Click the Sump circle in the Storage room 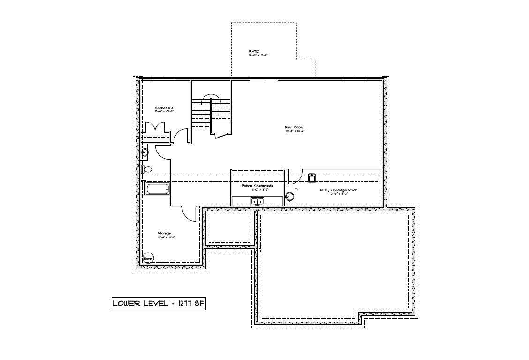pyautogui.click(x=148, y=258)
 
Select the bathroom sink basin pyautogui.click(x=145, y=152)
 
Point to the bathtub pyautogui.click(x=158, y=190)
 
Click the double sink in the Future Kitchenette pyautogui.click(x=257, y=201)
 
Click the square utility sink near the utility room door pyautogui.click(x=311, y=177)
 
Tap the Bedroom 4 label pyautogui.click(x=164, y=108)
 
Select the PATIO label pyautogui.click(x=254, y=51)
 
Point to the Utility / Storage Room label pyautogui.click(x=338, y=190)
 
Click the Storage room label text pyautogui.click(x=164, y=233)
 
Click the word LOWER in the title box pyautogui.click(x=127, y=304)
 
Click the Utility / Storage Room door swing pyautogui.click(x=294, y=177)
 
